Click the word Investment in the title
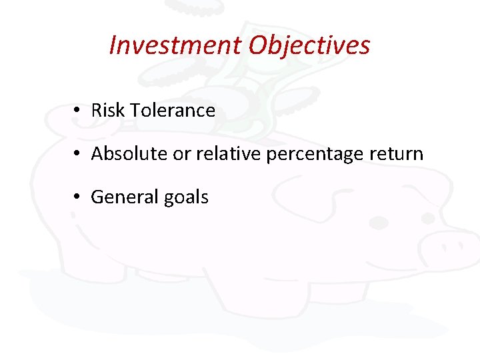(175, 45)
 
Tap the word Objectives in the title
(309, 45)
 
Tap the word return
(398, 154)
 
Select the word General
(121, 197)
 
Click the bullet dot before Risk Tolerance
(78, 111)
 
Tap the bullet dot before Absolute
(78, 155)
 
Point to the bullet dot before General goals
(78, 198)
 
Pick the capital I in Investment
(113, 45)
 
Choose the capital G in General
(97, 197)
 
